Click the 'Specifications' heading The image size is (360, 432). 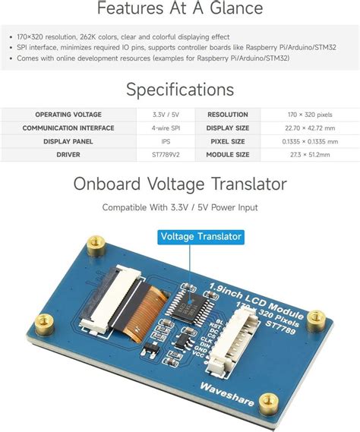pos(179,90)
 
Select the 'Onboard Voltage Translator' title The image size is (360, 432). pos(179,184)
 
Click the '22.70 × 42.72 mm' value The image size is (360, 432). pos(309,128)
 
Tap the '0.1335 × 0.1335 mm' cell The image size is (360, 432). pos(309,141)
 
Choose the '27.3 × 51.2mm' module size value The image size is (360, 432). pos(309,155)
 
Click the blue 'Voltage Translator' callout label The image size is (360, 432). pos(201,236)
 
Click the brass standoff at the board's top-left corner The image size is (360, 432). pos(96,244)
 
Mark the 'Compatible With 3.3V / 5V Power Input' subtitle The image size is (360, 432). pos(179,207)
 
